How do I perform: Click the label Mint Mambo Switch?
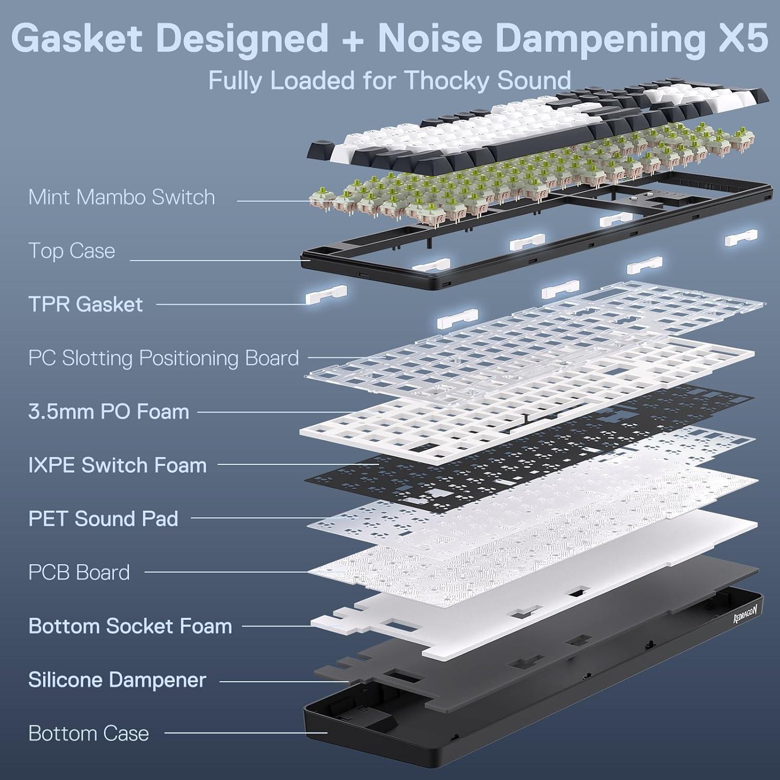click(121, 198)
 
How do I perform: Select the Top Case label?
click(71, 251)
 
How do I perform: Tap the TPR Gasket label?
click(85, 305)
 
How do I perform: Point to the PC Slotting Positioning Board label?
click(163, 358)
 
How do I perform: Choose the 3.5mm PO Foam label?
click(109, 412)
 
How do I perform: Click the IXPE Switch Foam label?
click(118, 465)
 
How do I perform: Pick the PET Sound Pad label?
click(103, 519)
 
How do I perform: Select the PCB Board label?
click(79, 573)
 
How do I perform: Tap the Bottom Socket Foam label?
click(130, 626)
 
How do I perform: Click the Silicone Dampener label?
click(117, 680)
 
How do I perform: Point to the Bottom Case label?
click(88, 734)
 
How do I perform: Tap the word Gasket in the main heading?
click(76, 37)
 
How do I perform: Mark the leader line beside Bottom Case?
click(244, 734)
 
